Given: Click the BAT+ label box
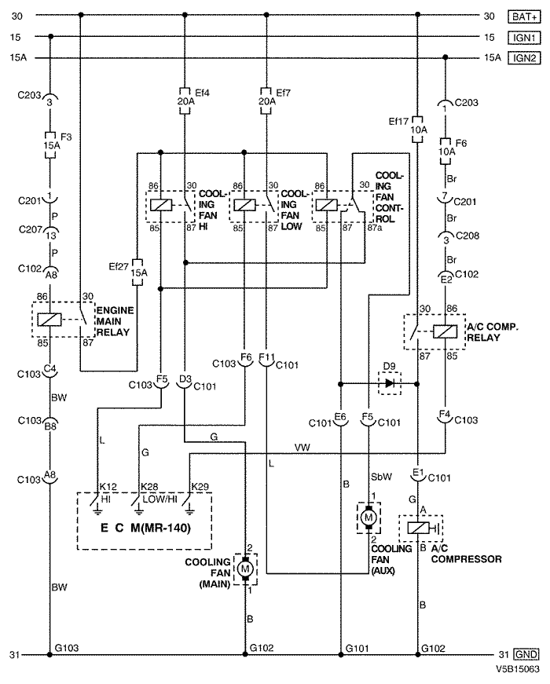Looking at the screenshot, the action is coord(524,16).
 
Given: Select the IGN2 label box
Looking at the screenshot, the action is coord(524,58).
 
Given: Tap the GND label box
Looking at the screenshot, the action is coord(526,654).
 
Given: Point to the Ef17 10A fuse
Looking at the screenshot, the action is coord(418,130).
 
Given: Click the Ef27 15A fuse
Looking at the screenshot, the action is coord(138,273).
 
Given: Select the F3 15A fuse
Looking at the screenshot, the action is coord(50,144).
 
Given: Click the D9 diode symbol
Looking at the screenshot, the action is coord(390,383).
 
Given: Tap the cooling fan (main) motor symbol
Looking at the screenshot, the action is coord(245,569).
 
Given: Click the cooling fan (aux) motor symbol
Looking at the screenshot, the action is coord(368,518).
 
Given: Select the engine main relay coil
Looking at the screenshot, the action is coord(49,320).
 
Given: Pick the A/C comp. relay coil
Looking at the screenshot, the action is coord(445,332).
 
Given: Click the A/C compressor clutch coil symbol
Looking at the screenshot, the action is coord(419,528).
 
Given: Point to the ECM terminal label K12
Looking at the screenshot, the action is coord(108,486).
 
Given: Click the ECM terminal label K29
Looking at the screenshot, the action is coord(200,486).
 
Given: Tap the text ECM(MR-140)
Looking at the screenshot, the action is coord(146,528).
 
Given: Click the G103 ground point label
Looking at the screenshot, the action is coord(66,648).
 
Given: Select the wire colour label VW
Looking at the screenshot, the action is coord(302,448).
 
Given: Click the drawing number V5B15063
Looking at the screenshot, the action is coord(517,669).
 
